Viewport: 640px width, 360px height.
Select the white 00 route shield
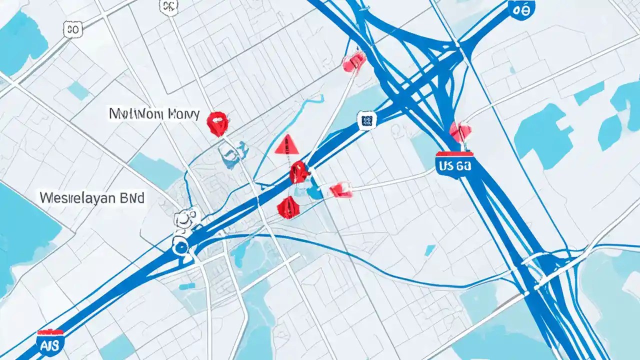72,29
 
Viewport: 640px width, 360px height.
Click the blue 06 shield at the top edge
521,9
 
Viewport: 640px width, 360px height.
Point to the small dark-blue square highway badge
366,120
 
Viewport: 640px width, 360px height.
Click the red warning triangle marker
287,144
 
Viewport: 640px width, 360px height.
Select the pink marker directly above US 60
460,131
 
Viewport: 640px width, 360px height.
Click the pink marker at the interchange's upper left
354,62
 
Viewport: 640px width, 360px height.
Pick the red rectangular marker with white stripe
340,189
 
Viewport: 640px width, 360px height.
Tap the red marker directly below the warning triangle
298,172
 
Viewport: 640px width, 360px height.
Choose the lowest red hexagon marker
288,207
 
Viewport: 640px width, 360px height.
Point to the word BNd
130,198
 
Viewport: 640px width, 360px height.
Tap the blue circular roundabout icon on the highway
180,243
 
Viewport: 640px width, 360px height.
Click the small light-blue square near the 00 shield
78,91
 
